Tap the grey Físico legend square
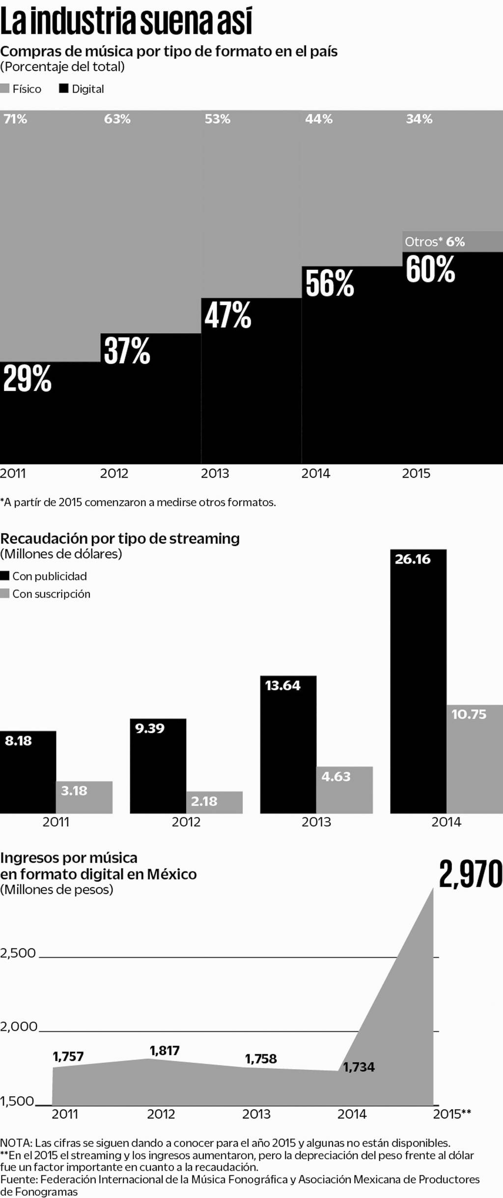(x=5, y=89)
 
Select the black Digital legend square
(x=63, y=89)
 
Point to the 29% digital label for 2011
(x=28, y=379)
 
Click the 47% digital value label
(x=228, y=315)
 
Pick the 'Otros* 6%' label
(x=435, y=242)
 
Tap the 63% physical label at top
(x=117, y=119)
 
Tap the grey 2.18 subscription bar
(x=214, y=802)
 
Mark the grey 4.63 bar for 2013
(x=344, y=790)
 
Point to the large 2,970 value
(x=471, y=874)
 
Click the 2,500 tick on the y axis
(x=18, y=953)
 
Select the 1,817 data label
(x=165, y=1051)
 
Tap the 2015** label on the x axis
(x=451, y=1114)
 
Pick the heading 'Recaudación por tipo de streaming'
(x=120, y=538)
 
